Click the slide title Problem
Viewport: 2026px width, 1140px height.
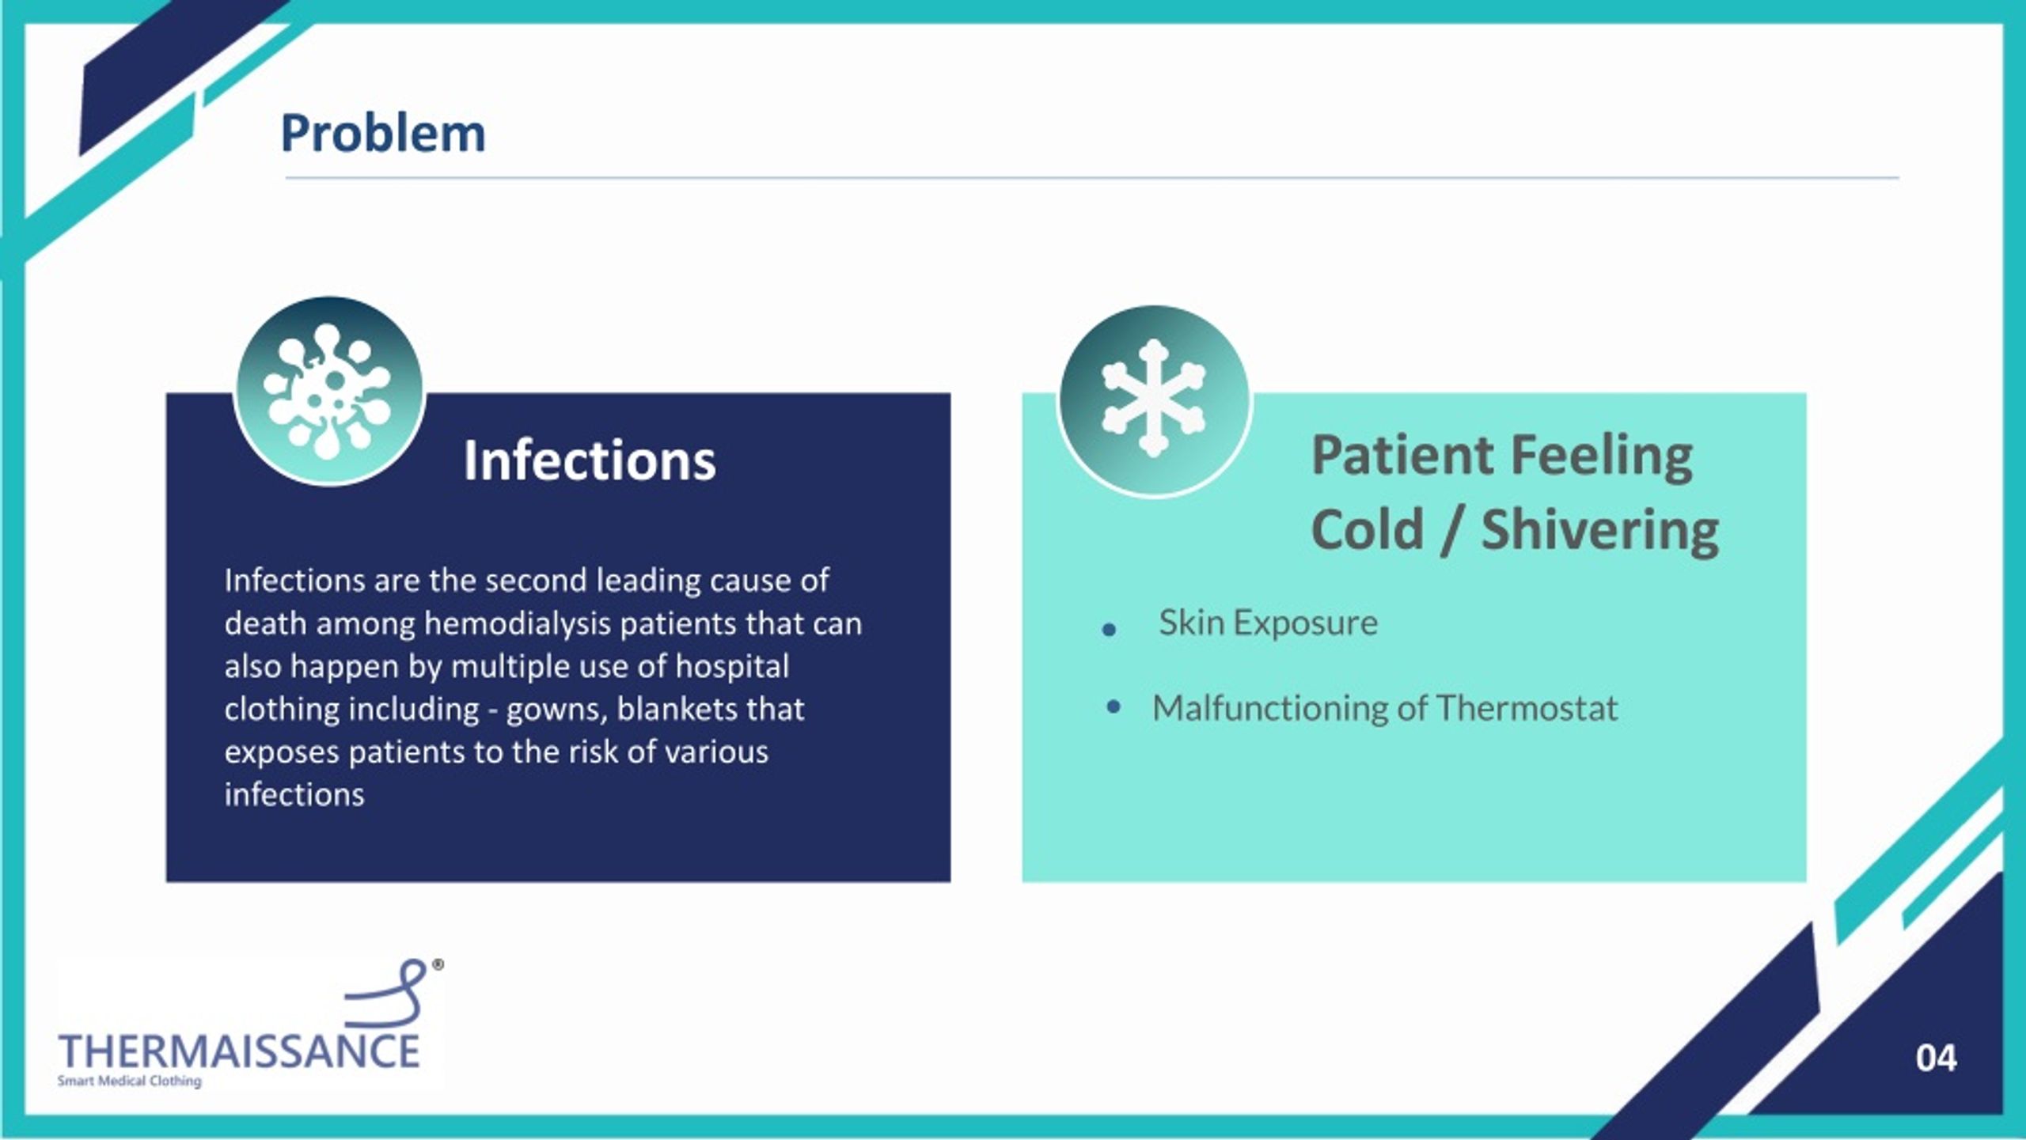pos(383,133)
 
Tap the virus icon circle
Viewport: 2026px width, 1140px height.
pos(329,392)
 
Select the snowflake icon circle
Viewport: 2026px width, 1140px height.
pos(1154,400)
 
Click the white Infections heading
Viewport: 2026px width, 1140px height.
pos(590,460)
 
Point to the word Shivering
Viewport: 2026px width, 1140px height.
pos(1600,530)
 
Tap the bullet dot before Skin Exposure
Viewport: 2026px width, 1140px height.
pos(1109,630)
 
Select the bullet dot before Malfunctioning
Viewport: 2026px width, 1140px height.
pos(1114,706)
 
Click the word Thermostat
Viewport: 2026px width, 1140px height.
pos(1527,708)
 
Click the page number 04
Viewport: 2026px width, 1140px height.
pos(1936,1059)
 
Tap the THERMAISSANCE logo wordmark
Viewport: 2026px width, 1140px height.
pos(239,1051)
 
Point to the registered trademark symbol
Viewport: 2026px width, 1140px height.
pos(438,965)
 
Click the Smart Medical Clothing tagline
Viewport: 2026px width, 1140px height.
pos(130,1081)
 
